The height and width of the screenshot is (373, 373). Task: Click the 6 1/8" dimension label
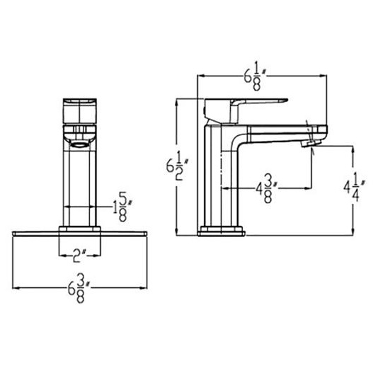255,76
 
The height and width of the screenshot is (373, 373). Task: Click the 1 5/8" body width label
122,207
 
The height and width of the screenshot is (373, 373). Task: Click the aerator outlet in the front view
79,144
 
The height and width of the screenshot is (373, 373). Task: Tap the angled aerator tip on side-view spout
311,143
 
